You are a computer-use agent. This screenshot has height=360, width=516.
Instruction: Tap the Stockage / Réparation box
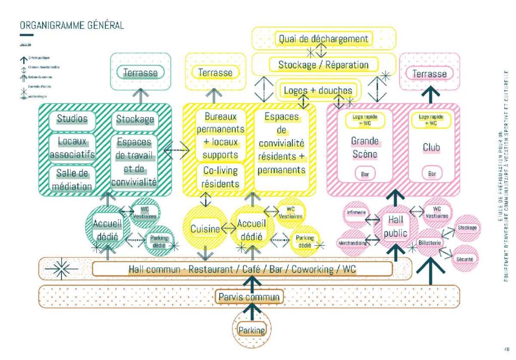pos(324,64)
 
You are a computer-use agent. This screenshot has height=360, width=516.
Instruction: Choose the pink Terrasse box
pos(429,74)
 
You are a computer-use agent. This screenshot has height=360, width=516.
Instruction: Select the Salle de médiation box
pos(72,180)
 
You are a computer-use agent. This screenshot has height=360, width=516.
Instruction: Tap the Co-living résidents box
pos(220,176)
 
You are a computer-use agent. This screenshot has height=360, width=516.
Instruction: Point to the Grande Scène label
pos(364,148)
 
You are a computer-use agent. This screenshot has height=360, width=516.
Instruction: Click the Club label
pos(431,148)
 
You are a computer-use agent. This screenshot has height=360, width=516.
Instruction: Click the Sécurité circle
pos(464,258)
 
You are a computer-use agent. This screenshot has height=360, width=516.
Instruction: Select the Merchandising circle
pos(352,243)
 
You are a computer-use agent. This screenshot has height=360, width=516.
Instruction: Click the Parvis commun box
pos(249,297)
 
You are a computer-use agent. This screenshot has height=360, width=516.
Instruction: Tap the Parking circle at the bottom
pos(251,331)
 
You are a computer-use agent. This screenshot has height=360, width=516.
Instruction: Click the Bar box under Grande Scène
pos(364,174)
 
